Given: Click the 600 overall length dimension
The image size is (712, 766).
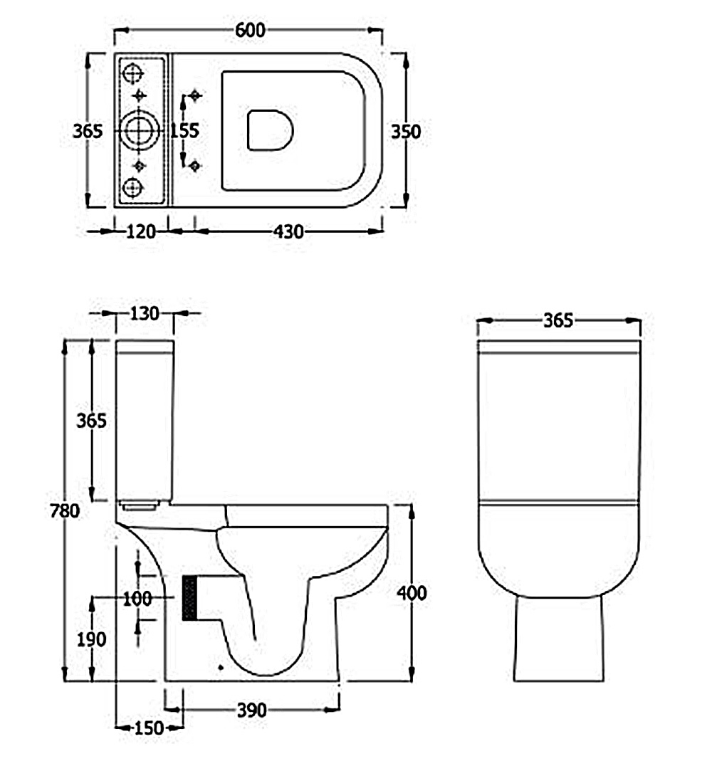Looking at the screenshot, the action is point(250,30).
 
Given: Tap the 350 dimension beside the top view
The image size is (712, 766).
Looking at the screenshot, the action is point(406,132).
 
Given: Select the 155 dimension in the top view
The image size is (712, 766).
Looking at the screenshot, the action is point(184,130).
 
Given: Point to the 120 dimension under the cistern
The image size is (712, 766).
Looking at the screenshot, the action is point(141,231).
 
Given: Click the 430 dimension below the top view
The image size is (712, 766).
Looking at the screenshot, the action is point(288,231).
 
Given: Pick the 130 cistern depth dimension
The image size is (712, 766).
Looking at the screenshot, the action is point(144,313).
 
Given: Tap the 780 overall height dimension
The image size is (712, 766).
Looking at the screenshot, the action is point(65,511).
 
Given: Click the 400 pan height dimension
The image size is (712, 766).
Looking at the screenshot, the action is point(412,593).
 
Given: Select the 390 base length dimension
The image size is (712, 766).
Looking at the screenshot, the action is point(251,710).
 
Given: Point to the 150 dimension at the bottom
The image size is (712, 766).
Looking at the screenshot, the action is point(149,728).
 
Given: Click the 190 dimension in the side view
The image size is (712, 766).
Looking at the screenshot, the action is point(91,639).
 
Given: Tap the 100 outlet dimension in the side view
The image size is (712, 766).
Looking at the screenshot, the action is point(137,599).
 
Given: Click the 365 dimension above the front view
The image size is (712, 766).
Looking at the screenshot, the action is point(558,320).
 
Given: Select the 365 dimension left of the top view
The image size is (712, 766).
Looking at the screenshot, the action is point(88,131).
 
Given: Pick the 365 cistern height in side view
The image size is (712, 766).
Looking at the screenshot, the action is point(91,421).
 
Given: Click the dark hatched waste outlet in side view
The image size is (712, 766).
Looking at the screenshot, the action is point(190,598).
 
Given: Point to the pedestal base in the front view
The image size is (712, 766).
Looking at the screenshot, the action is point(558,638).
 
